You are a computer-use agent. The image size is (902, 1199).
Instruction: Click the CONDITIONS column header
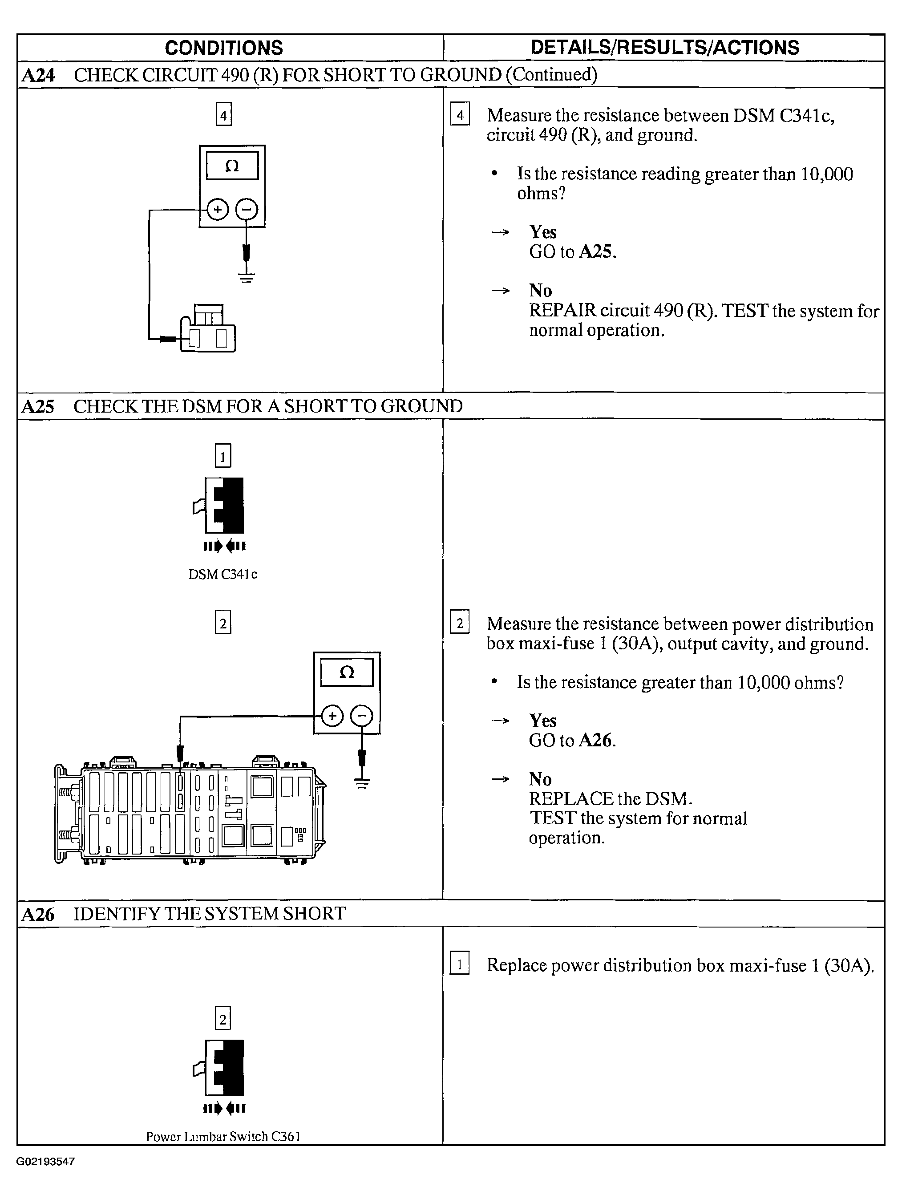pos(224,48)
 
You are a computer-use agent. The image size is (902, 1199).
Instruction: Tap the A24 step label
pos(38,75)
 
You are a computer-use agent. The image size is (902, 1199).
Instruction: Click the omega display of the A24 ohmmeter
pos(232,166)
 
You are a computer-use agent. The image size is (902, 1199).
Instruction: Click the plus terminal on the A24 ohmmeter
pos(217,210)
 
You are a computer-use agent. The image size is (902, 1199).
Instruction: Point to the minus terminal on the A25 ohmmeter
pos(362,717)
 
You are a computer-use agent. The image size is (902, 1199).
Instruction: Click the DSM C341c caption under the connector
pos(223,575)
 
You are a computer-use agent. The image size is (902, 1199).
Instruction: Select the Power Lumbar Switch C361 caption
pos(223,1137)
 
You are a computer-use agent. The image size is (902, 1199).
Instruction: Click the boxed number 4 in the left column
pos(223,114)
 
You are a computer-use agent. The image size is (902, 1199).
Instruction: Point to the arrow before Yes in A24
pos(500,232)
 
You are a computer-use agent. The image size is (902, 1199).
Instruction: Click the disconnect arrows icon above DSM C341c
pos(224,547)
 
